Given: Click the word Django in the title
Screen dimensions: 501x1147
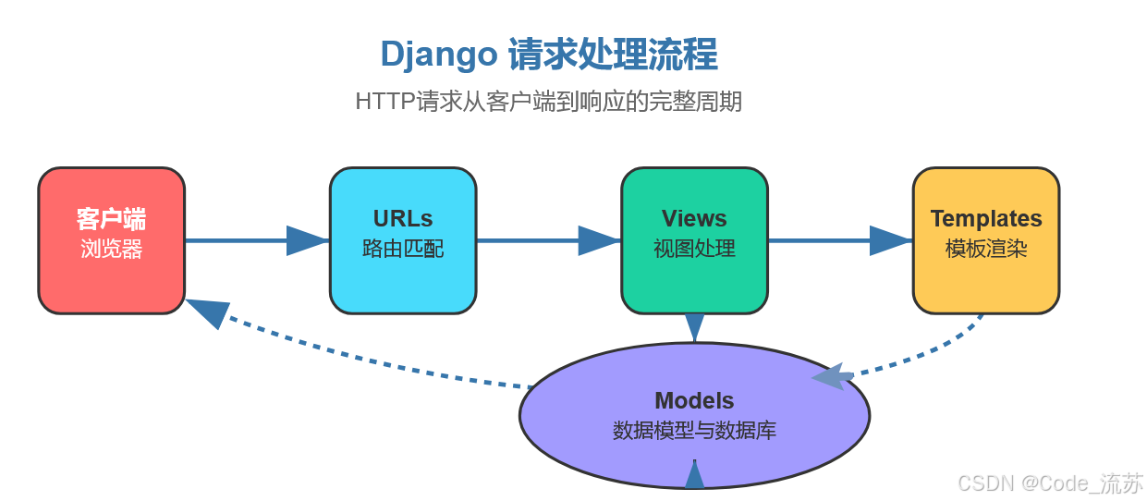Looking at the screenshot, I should tap(438, 55).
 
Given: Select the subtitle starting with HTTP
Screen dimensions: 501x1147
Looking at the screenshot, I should tap(548, 102).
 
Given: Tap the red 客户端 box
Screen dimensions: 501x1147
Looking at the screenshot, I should tap(111, 240).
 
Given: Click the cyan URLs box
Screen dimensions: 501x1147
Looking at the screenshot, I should tap(403, 240).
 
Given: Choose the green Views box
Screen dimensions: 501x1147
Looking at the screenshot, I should tap(694, 240).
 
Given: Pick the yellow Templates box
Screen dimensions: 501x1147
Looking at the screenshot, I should tap(985, 240).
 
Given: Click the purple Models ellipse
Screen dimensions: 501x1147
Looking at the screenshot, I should tap(694, 414).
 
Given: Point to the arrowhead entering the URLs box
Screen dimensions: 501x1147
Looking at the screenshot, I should tap(307, 240).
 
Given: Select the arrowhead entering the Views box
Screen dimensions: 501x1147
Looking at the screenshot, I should tap(599, 240).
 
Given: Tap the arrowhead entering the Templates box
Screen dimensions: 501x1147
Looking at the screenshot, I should tap(890, 240).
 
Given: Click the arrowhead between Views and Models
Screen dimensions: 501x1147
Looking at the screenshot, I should tap(694, 327).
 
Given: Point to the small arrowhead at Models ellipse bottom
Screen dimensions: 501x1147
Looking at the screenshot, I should tap(694, 475).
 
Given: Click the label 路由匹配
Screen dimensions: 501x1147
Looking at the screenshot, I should tap(403, 250).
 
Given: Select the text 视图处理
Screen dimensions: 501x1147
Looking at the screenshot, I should tap(694, 250).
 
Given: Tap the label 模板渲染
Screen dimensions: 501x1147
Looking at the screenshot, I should tap(985, 250).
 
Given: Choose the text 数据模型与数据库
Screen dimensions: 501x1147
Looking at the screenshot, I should tap(694, 431).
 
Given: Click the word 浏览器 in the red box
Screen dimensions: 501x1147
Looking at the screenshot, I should tap(111, 250).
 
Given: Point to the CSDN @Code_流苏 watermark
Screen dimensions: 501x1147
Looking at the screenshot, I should tap(1050, 483).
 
